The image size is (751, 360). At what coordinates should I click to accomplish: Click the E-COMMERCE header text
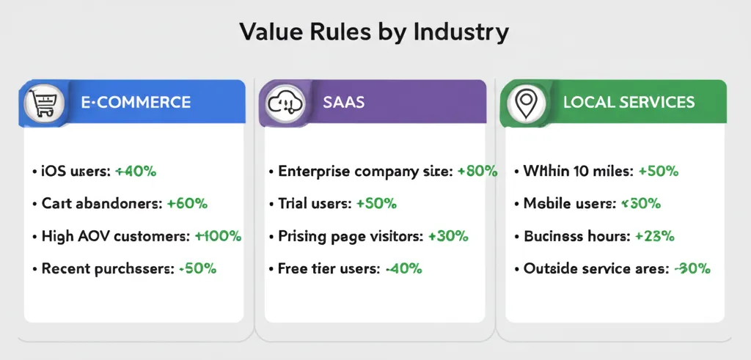[x=136, y=103]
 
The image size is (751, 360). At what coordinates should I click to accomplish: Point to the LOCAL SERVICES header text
[x=629, y=103]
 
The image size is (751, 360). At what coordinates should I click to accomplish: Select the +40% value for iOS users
[x=136, y=172]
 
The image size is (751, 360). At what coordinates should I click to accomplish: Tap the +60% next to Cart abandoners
[x=187, y=204]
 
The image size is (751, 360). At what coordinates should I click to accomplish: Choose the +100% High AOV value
[x=218, y=236]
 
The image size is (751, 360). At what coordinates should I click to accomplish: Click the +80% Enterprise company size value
[x=477, y=172]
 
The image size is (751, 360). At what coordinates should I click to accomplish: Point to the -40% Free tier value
[x=403, y=268]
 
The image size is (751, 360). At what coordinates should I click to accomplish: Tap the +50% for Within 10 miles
[x=658, y=172]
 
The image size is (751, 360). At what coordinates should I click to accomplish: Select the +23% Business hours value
[x=654, y=236]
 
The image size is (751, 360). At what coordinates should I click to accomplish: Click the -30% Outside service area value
[x=692, y=268]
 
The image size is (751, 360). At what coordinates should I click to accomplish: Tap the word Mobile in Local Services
[x=545, y=204]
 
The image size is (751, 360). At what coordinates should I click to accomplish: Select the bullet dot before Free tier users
[x=271, y=269]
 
